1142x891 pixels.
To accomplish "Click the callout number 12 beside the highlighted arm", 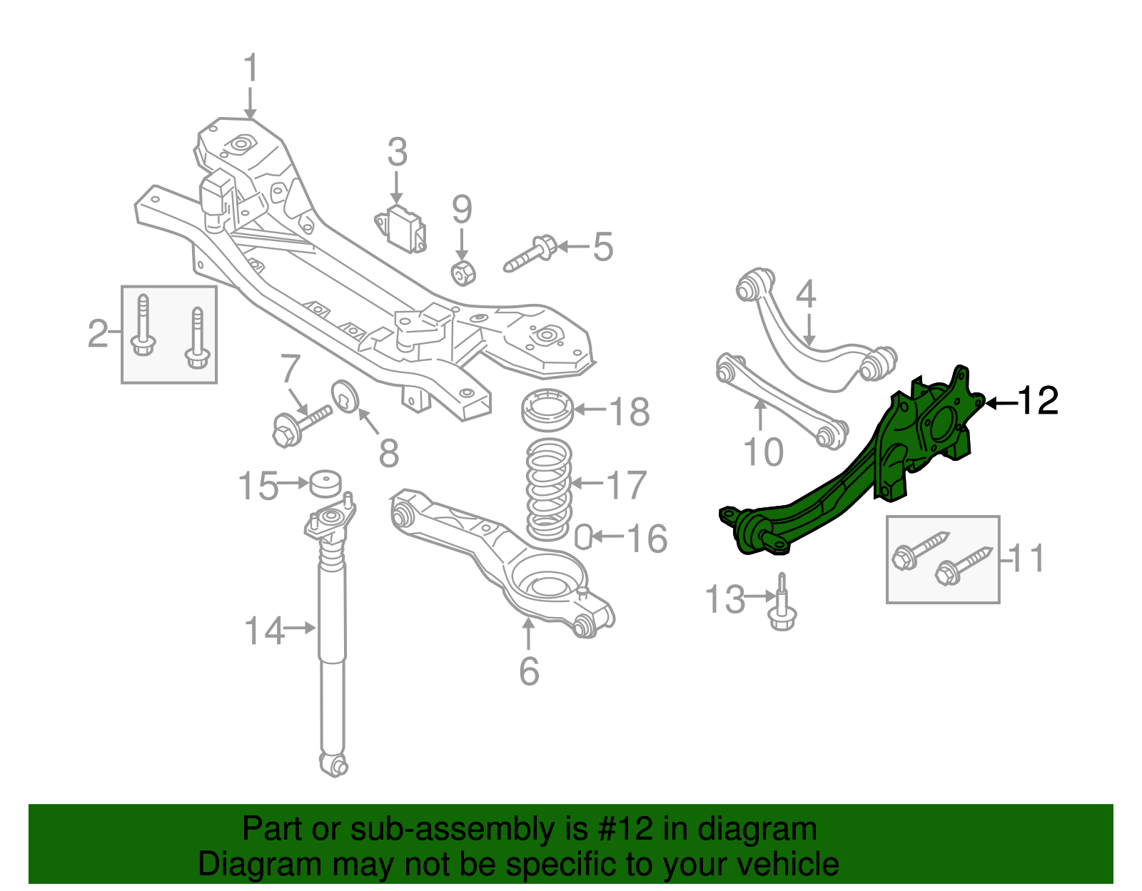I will coord(1038,401).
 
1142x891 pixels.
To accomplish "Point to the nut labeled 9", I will coord(463,272).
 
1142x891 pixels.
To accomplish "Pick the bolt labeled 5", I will coord(532,254).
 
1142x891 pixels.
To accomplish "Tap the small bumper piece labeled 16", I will coord(583,537).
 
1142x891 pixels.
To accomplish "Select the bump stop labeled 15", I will coord(325,484).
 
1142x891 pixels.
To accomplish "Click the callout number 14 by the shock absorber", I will coord(264,631).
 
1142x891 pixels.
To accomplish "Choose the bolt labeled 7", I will coord(300,424).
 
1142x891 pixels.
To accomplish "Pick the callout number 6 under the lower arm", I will coord(529,671).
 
